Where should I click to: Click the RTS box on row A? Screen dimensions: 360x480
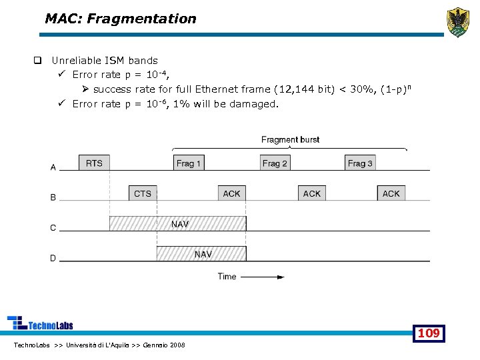coord(95,163)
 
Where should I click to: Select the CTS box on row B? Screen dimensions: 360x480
coord(143,193)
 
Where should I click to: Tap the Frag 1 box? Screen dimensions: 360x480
coord(189,163)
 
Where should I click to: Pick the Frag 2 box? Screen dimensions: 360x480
coord(275,163)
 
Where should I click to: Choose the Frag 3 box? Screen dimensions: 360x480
coord(360,163)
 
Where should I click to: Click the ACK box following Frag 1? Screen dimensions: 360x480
coord(232,193)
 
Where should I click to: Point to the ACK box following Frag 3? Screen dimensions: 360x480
coord(391,193)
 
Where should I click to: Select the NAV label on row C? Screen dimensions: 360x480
coord(180,225)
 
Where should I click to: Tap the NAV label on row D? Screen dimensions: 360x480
coord(203,254)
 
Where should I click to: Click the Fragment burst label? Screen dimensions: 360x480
coord(290,139)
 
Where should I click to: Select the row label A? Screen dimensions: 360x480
coord(53,167)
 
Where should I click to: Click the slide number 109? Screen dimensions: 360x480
coord(428,333)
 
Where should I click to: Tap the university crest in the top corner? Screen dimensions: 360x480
coord(457,23)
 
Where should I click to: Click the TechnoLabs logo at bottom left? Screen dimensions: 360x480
coord(40,323)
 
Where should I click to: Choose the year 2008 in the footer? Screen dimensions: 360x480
coord(177,345)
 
